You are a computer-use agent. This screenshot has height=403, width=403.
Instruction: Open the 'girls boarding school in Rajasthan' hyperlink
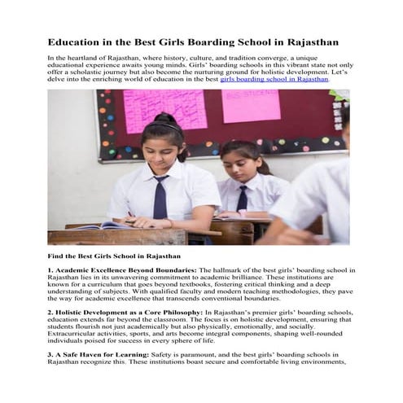pyautogui.click(x=274, y=80)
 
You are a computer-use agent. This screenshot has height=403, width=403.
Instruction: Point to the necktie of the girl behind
pyautogui.click(x=242, y=198)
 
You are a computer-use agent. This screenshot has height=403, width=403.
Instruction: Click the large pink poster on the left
pyautogui.click(x=164, y=108)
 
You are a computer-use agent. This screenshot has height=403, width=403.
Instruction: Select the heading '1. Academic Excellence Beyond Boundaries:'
pyautogui.click(x=122, y=269)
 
